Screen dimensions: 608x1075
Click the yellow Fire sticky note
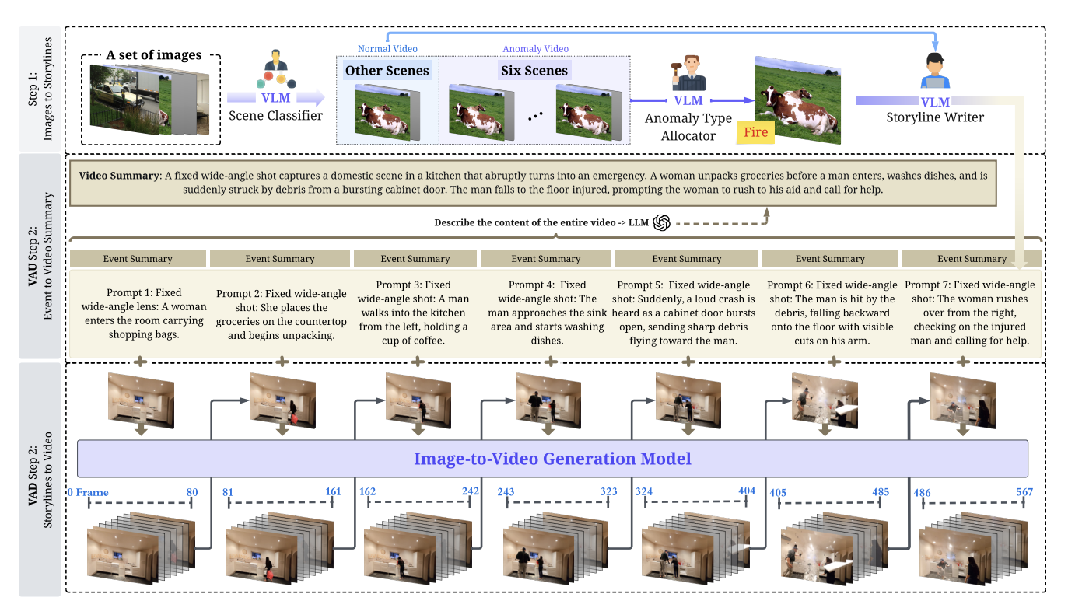click(755, 131)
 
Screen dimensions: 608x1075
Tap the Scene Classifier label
click(275, 116)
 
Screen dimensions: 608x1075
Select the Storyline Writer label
click(935, 117)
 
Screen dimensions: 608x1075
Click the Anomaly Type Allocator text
click(688, 126)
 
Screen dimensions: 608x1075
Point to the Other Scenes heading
click(387, 71)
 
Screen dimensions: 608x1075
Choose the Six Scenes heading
click(534, 71)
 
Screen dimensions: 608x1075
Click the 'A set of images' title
click(154, 55)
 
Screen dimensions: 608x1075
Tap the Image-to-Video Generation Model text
click(552, 459)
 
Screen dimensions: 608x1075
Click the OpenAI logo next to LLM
click(662, 222)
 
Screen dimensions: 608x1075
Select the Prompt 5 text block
click(685, 313)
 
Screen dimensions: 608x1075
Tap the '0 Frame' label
click(88, 492)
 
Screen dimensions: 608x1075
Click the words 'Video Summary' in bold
click(118, 176)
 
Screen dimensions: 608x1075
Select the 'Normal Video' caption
click(387, 49)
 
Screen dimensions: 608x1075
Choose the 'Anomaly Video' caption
click(535, 49)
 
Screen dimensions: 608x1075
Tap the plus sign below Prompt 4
click(551, 362)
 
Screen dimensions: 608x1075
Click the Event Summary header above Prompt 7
click(972, 259)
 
